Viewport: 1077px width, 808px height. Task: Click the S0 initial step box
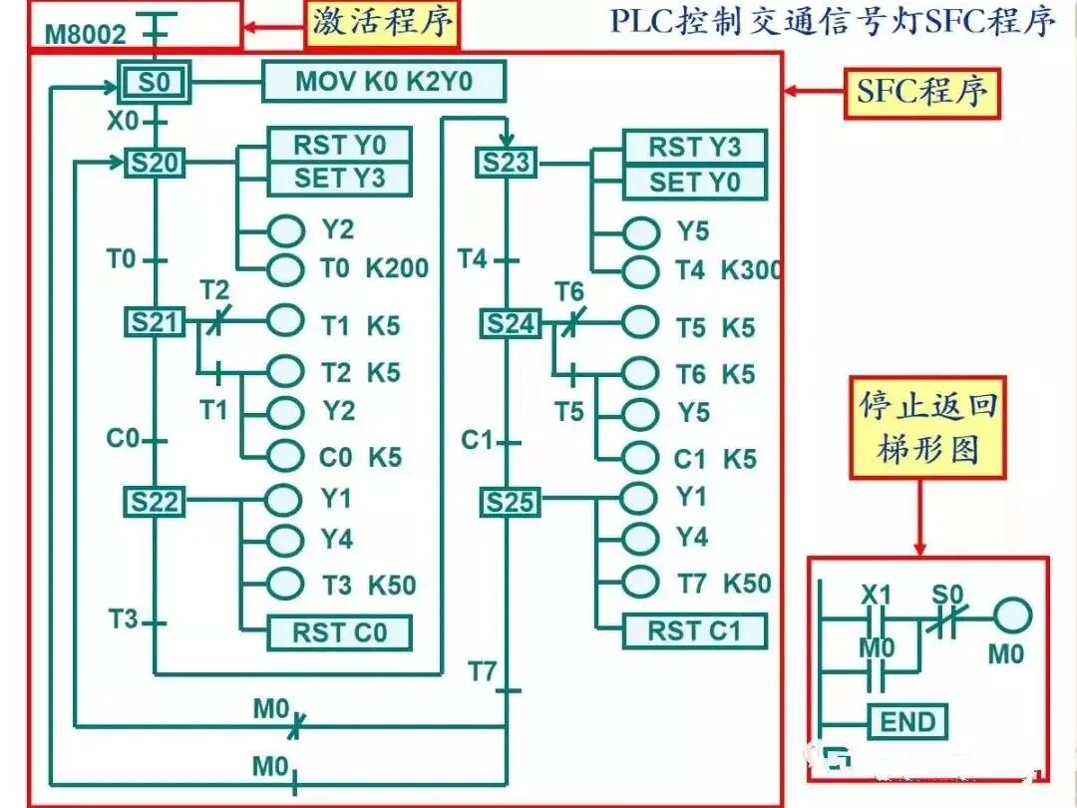pyautogui.click(x=155, y=83)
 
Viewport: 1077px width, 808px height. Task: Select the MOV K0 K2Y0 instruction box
pyautogui.click(x=384, y=82)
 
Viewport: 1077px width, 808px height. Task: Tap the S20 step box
pyautogui.click(x=155, y=162)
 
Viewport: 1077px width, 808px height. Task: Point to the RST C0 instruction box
pyautogui.click(x=339, y=632)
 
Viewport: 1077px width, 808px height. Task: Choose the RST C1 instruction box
pyautogui.click(x=694, y=630)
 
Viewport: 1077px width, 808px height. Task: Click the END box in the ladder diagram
pyautogui.click(x=907, y=722)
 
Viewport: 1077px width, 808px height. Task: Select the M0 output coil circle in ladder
pyautogui.click(x=1011, y=616)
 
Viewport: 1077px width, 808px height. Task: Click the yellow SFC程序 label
pyautogui.click(x=922, y=93)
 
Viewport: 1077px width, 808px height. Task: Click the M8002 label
pyautogui.click(x=86, y=36)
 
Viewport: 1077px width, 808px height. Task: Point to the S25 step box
pyautogui.click(x=510, y=503)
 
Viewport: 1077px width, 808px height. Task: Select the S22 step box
pyautogui.click(x=155, y=502)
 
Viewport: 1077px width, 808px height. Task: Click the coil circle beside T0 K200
pyautogui.click(x=285, y=268)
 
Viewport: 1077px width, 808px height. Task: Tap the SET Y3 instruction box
pyautogui.click(x=339, y=180)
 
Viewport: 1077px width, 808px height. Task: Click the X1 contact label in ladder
pyautogui.click(x=876, y=596)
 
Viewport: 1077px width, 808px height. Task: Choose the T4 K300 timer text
pyautogui.click(x=727, y=270)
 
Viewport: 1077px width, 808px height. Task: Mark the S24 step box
pyautogui.click(x=510, y=323)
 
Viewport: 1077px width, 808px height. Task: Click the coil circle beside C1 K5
pyautogui.click(x=640, y=458)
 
